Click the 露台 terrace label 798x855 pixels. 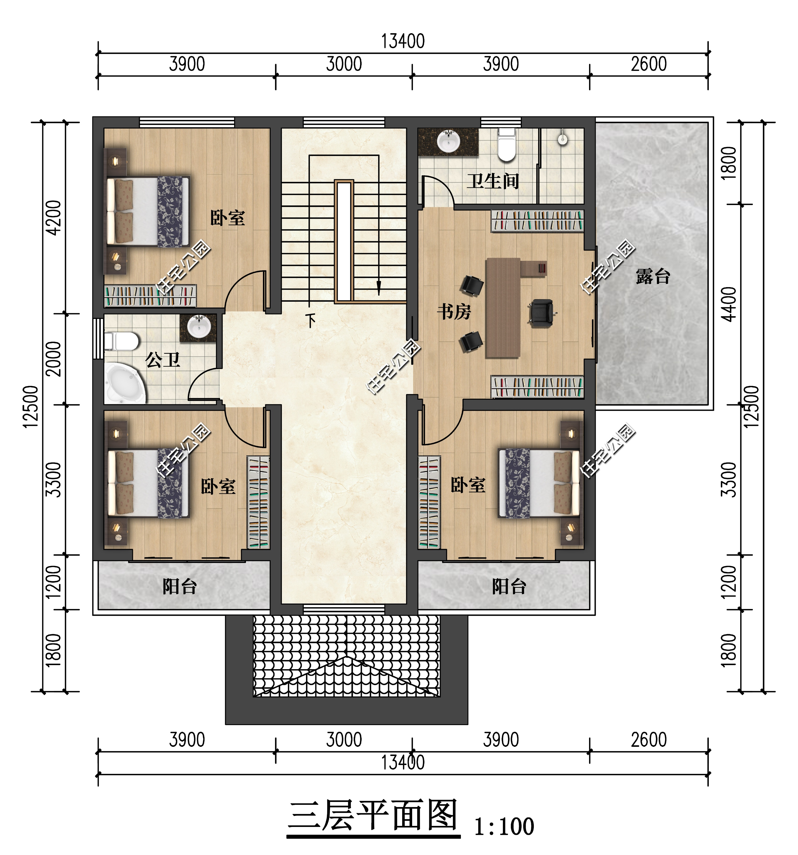coord(653,276)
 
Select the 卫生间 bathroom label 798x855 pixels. coord(493,181)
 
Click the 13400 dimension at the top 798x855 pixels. coord(403,41)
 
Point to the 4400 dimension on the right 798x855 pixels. coord(729,304)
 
